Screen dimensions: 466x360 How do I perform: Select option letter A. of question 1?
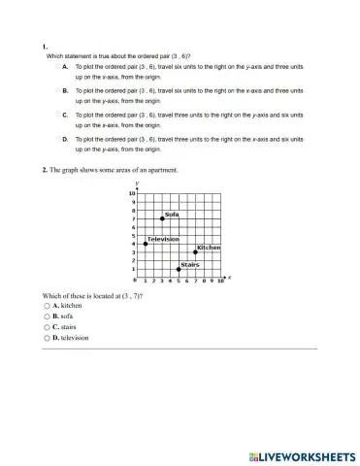point(64,67)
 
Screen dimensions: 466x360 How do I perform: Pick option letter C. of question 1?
point(64,116)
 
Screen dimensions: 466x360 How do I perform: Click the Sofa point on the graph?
point(162,218)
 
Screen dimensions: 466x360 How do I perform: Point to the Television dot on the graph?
point(146,244)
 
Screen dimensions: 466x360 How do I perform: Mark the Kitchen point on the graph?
point(195,251)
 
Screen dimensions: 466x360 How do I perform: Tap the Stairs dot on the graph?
point(179,269)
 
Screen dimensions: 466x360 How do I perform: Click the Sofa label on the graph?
point(172,214)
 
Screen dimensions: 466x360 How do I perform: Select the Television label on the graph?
point(163,238)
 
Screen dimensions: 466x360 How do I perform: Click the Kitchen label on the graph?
point(209,247)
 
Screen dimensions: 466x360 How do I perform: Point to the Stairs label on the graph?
point(190,263)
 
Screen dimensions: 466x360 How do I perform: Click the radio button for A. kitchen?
point(46,305)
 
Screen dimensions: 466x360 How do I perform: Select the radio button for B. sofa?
point(46,316)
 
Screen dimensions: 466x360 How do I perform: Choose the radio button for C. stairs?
point(46,327)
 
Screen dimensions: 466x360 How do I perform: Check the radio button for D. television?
point(46,339)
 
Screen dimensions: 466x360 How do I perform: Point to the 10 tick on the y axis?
point(133,194)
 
